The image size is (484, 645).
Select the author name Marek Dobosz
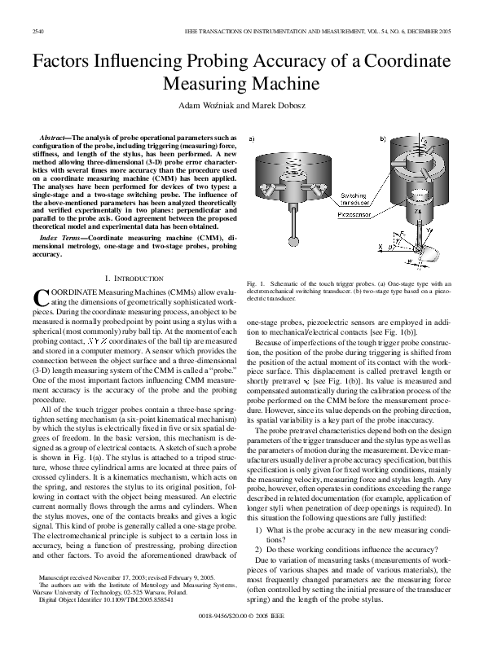(287, 105)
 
